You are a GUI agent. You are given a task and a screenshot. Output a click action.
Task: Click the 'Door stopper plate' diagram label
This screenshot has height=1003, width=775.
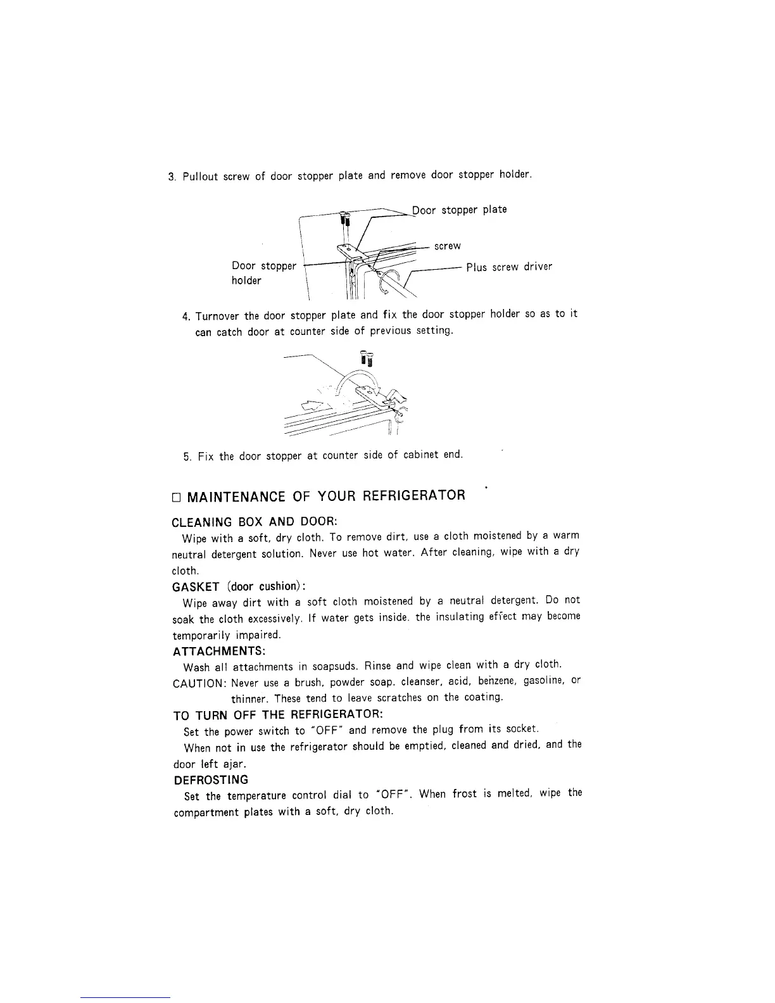coord(460,210)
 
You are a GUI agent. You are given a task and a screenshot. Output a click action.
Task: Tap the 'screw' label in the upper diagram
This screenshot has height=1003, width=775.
coord(447,246)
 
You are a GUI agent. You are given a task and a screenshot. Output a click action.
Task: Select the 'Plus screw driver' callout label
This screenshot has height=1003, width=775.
coord(509,267)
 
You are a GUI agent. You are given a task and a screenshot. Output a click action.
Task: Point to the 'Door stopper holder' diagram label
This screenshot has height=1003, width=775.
coord(263,273)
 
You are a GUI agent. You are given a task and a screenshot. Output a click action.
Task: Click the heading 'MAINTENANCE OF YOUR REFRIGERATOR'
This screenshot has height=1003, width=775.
coord(325,495)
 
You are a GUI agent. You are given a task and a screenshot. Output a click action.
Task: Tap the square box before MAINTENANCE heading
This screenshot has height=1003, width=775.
coord(177,496)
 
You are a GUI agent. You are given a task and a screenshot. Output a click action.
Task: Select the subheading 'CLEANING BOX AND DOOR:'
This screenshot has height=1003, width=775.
coord(255,522)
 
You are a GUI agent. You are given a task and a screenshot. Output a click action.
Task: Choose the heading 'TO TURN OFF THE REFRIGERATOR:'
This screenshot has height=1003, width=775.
coord(278,716)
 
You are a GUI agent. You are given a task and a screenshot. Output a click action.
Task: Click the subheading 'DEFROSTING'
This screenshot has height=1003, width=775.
coord(211,779)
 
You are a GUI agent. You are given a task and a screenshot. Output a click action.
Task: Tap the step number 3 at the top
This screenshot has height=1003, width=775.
coord(172,176)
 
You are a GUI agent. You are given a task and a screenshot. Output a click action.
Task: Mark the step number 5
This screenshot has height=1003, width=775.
coord(187,456)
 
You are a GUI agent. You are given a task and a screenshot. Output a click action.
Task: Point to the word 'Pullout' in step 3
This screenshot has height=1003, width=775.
coord(199,176)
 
